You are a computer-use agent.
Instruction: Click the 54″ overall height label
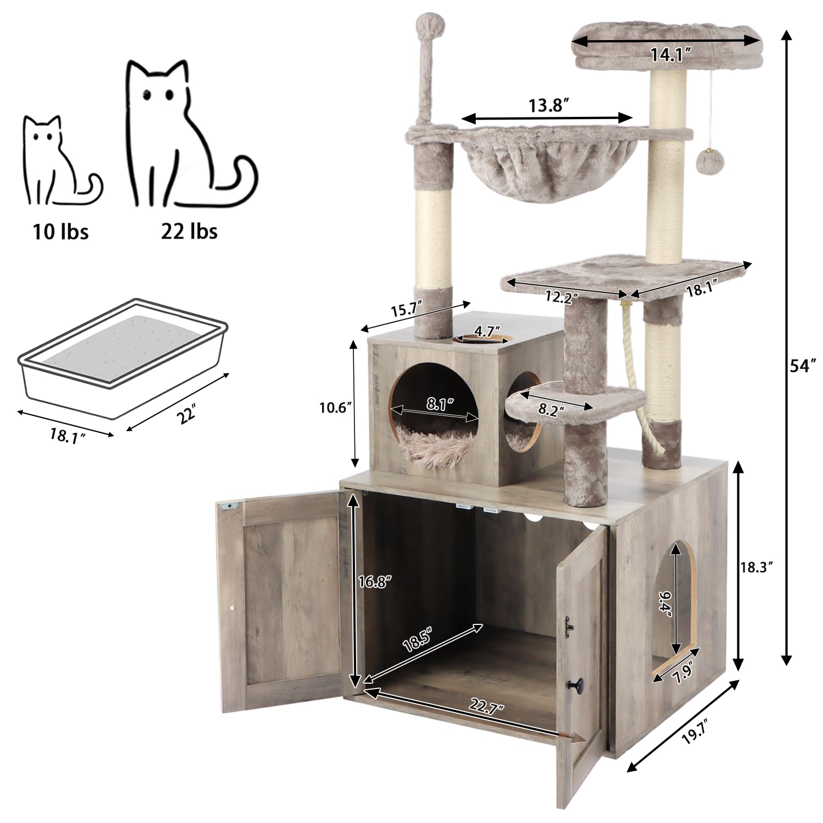pos(802,366)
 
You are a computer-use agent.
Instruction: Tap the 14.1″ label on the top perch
pos(670,54)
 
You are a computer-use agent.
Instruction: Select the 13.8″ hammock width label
pos(546,105)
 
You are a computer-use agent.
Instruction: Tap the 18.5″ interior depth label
pos(417,641)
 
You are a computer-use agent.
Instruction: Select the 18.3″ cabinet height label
pos(758,568)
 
